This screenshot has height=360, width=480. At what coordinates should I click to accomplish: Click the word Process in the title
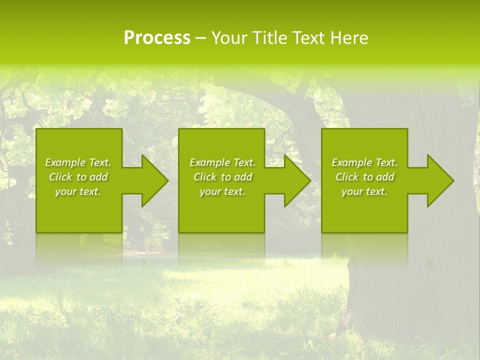157,38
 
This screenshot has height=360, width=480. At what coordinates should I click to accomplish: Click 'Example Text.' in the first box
78,162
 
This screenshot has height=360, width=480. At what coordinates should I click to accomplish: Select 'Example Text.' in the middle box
222,162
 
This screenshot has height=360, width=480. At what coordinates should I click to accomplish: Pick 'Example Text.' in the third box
364,162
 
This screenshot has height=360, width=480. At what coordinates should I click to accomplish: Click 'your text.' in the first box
78,191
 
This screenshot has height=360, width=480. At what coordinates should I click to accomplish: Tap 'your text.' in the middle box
222,191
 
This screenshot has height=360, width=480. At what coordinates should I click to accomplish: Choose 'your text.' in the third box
364,191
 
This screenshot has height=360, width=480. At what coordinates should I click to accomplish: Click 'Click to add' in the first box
78,177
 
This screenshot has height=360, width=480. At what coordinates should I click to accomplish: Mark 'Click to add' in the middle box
222,177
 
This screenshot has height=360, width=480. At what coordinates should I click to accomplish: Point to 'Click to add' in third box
364,177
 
